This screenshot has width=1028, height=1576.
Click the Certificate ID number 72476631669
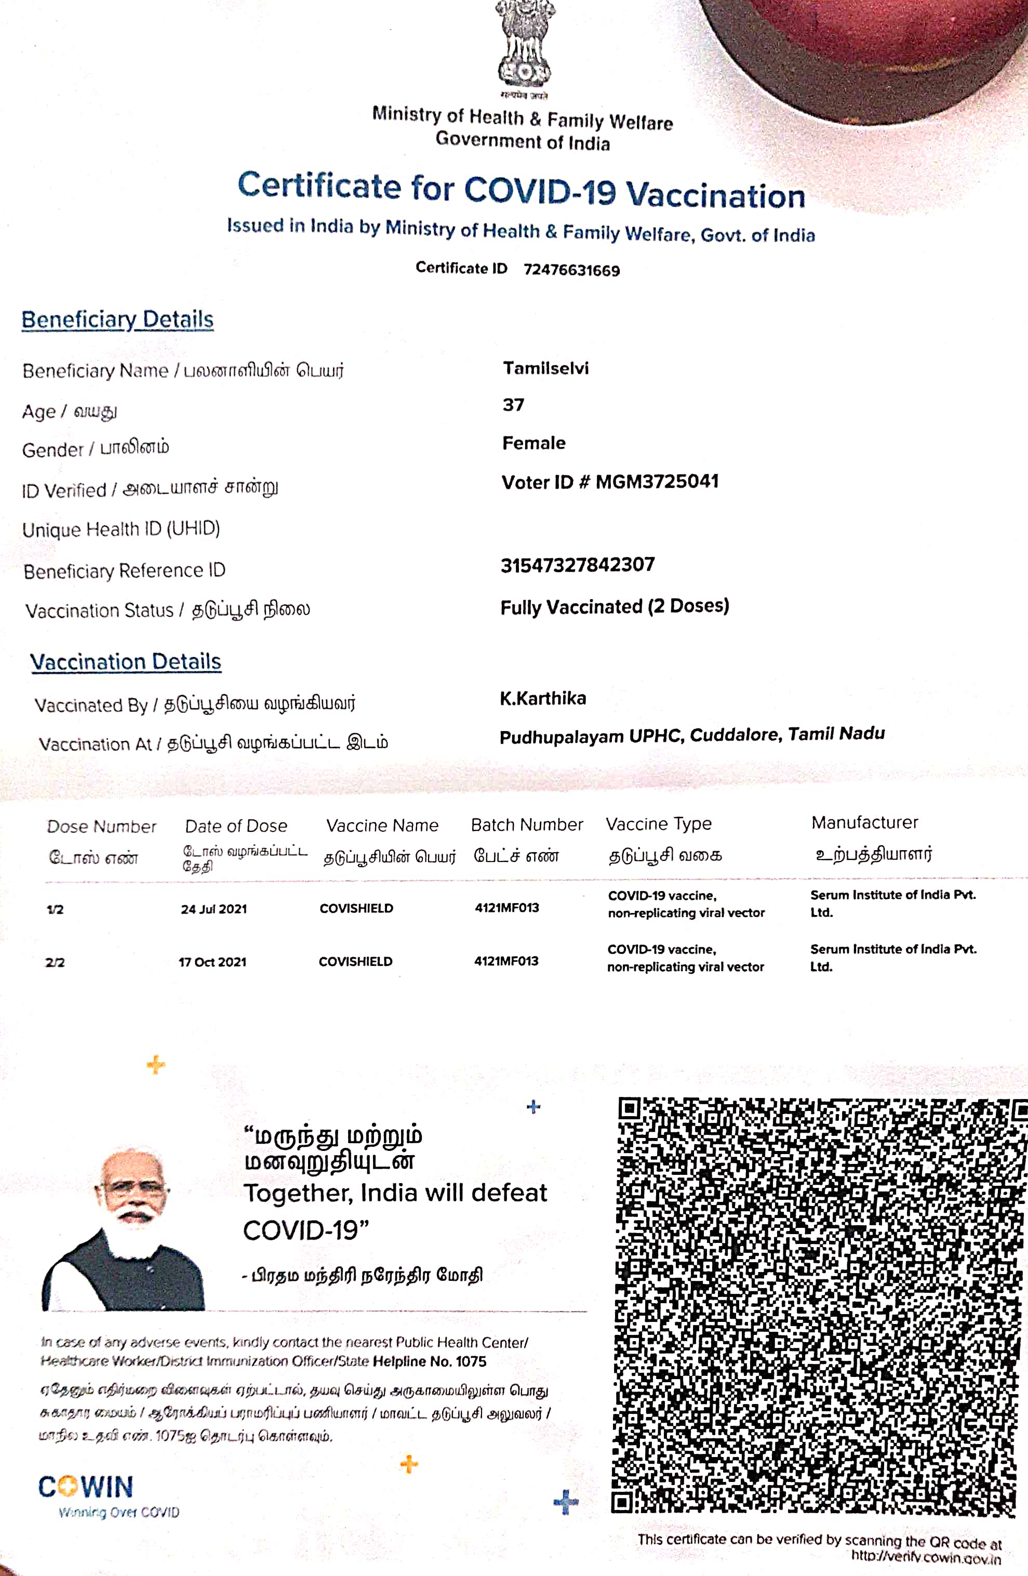[x=571, y=270]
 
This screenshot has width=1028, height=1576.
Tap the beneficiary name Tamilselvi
[x=545, y=368]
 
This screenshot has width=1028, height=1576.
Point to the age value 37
[x=513, y=405]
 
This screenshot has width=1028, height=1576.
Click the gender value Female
[x=533, y=443]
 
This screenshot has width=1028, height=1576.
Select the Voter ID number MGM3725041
[x=657, y=481]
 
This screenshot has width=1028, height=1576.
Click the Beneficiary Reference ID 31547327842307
[x=577, y=565]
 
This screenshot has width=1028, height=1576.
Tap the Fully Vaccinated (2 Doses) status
[x=615, y=606]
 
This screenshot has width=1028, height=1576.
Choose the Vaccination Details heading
[x=126, y=661]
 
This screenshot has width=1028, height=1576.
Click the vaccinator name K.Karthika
[x=543, y=698]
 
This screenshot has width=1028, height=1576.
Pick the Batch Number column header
[x=527, y=825]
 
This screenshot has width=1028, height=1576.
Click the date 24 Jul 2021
[x=214, y=909]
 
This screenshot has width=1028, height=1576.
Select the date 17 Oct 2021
[x=212, y=962]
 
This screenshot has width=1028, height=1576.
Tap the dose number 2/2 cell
[x=55, y=963]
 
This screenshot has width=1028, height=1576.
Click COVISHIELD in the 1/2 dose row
[x=356, y=908]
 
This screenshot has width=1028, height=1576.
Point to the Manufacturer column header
[x=864, y=823]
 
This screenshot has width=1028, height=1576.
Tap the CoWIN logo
[x=86, y=1487]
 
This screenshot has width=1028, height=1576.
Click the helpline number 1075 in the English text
[x=471, y=1362]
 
